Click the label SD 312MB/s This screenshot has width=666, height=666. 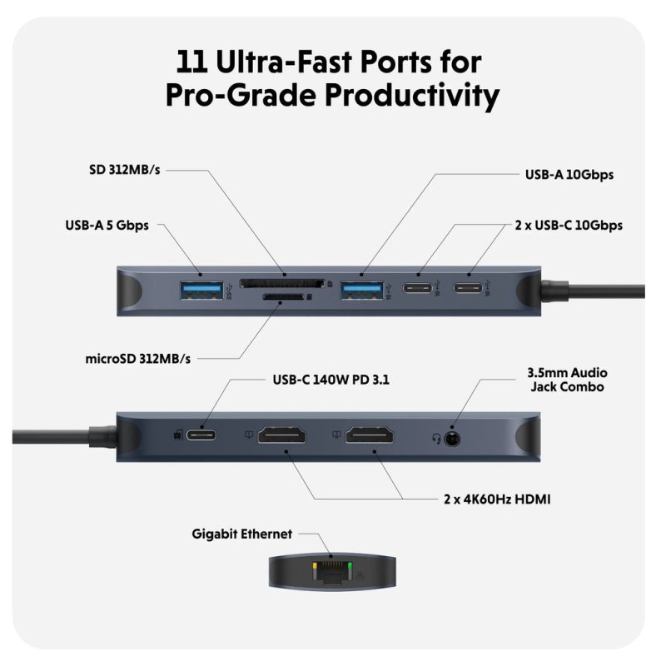pyautogui.click(x=124, y=170)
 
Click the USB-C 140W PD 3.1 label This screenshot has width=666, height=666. pyautogui.click(x=331, y=380)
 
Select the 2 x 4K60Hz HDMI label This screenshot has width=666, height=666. pyautogui.click(x=497, y=499)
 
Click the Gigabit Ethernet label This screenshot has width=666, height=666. pyautogui.click(x=241, y=534)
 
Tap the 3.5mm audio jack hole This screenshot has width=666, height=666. pyautogui.click(x=453, y=436)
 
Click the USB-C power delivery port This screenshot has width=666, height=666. pyautogui.click(x=204, y=435)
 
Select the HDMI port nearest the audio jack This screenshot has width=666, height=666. pyautogui.click(x=374, y=435)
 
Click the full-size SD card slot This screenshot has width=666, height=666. pyautogui.click(x=281, y=283)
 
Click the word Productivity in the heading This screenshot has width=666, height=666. pyautogui.click(x=390, y=94)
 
